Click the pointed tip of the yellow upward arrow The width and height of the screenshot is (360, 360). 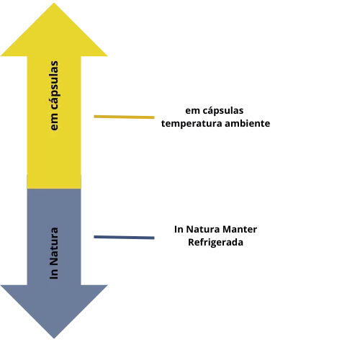click(x=54, y=3)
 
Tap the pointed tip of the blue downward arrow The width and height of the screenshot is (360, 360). click(x=54, y=338)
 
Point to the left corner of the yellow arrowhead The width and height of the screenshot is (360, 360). click(x=1, y=56)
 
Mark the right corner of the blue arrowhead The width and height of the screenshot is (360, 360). click(x=107, y=285)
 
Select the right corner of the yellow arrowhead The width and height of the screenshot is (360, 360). click(x=107, y=56)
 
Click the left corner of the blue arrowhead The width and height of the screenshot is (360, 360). click(x=1, y=285)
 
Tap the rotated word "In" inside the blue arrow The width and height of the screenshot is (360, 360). click(x=54, y=274)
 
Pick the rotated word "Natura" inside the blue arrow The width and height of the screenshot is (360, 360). click(x=54, y=246)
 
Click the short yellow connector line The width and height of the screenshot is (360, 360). click(x=124, y=117)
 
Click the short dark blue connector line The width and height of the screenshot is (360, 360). click(x=124, y=238)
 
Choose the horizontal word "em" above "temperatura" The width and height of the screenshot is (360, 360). click(x=192, y=111)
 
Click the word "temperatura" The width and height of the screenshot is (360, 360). click(x=192, y=124)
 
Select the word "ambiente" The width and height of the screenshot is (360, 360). click(x=248, y=124)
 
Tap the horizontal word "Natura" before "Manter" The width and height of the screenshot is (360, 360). click(x=203, y=230)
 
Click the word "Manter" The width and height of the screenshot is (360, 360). click(x=240, y=230)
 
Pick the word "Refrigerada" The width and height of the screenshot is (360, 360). click(x=215, y=243)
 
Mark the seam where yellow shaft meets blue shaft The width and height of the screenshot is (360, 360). click(x=54, y=189)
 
